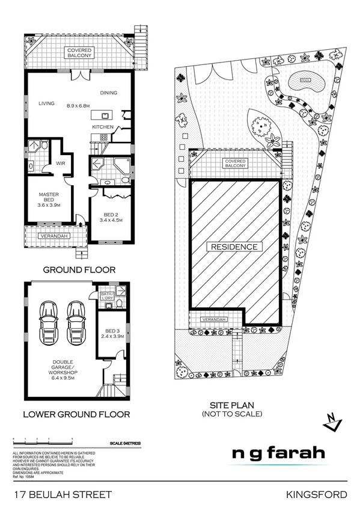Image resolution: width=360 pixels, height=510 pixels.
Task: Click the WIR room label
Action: coord(60,163)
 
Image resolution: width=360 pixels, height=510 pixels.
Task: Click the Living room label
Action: coord(46,103)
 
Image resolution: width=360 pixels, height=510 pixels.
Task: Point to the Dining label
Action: coord(108,93)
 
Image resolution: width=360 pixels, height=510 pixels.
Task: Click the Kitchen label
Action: coord(102,127)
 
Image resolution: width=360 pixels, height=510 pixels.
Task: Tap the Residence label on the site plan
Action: coord(234,247)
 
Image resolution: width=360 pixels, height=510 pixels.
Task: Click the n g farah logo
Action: coord(279,453)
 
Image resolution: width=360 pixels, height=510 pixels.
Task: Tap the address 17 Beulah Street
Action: coord(63,494)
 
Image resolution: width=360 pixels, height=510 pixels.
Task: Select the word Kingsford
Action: coord(317,494)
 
